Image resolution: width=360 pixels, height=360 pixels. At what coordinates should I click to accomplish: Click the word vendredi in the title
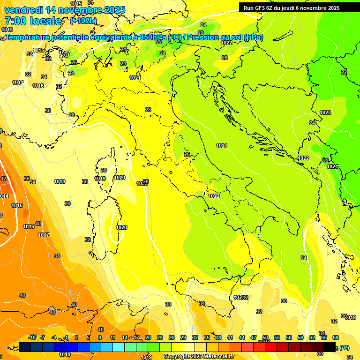(x=23, y=10)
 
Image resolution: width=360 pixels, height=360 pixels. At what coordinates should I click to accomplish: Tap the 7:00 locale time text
(x=32, y=21)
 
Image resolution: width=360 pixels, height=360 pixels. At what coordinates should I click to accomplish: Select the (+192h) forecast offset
(x=83, y=21)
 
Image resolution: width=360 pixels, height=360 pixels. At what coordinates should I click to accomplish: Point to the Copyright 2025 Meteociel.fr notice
(x=199, y=356)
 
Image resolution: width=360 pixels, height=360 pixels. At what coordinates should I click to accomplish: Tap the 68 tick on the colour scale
(x=336, y=337)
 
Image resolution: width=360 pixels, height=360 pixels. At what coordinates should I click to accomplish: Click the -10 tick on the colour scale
(x=32, y=337)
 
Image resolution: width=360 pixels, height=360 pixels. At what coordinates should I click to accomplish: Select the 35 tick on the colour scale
(x=207, y=337)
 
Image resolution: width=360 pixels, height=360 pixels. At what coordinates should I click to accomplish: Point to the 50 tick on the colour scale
(x=265, y=337)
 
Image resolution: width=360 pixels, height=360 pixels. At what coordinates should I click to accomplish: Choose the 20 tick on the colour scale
(x=148, y=337)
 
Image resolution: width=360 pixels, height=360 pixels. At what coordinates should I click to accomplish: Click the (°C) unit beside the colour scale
(x=344, y=348)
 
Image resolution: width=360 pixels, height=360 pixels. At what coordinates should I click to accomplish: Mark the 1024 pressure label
(x=332, y=166)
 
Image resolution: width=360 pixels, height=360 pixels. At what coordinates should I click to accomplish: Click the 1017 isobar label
(x=44, y=235)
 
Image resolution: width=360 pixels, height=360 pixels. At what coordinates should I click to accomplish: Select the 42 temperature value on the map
(x=3, y=179)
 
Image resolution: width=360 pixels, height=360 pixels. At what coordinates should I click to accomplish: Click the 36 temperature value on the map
(x=27, y=179)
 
